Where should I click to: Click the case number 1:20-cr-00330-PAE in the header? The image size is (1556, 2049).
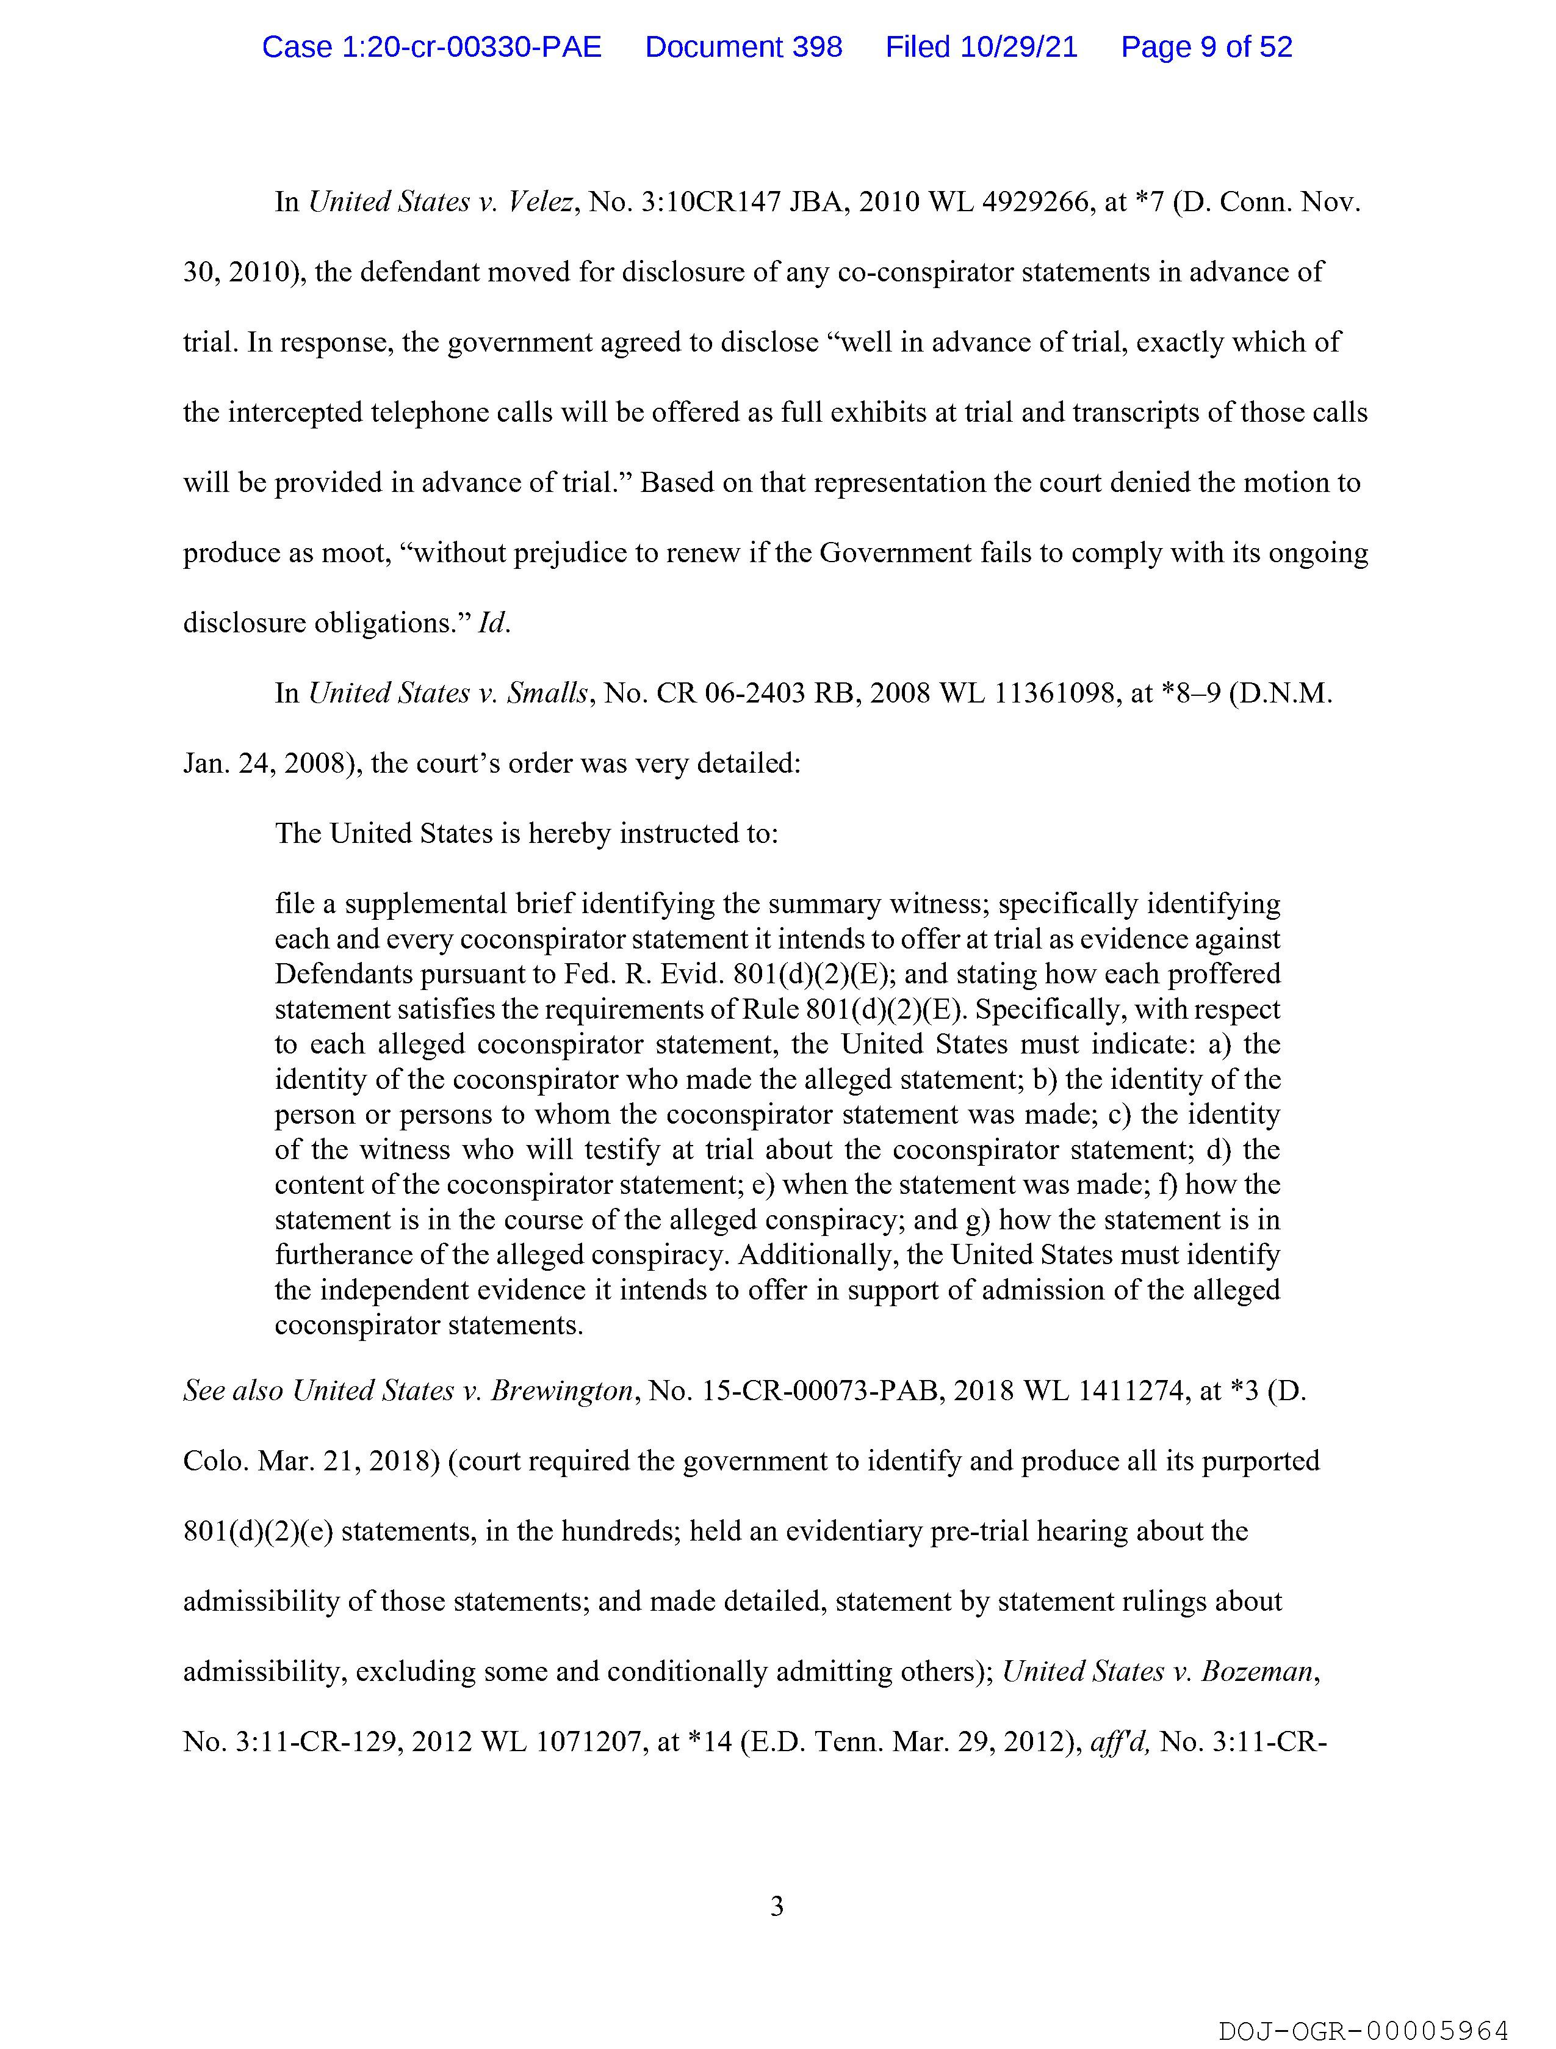coord(431,47)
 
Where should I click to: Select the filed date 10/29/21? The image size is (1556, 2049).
coord(1019,47)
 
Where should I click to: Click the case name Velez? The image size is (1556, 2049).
coord(541,203)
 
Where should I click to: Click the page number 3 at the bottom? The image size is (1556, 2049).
coord(777,1906)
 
